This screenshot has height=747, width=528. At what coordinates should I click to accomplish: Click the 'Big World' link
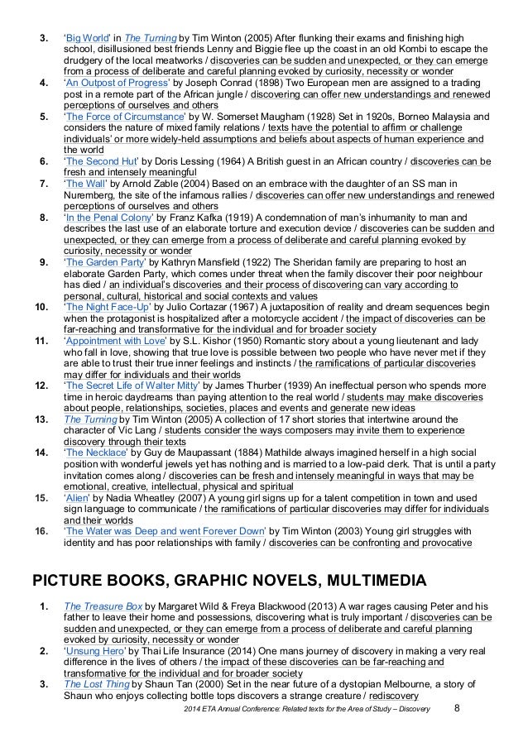tap(84, 39)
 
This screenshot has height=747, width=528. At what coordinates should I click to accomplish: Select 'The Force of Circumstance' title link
tap(114, 117)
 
